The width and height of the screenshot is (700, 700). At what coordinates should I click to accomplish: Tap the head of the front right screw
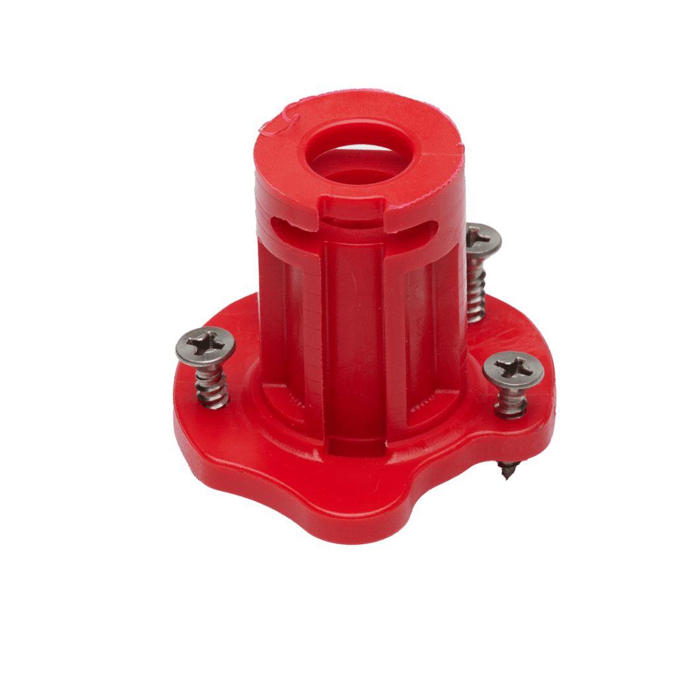(513, 371)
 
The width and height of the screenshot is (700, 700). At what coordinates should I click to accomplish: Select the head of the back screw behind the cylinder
(483, 238)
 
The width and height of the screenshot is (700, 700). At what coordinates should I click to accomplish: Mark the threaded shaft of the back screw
(475, 287)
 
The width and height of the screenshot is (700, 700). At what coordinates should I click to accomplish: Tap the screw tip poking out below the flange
(507, 470)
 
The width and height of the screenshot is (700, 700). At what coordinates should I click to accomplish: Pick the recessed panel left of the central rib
(300, 330)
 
